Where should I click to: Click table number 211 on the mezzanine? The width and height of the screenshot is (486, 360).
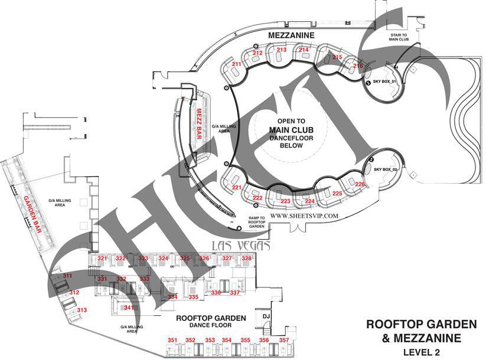click(x=236, y=64)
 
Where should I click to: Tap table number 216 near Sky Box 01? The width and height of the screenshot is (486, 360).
click(x=358, y=66)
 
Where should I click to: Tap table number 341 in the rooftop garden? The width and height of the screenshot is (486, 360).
click(x=129, y=307)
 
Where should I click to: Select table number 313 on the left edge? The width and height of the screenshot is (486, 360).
click(x=82, y=310)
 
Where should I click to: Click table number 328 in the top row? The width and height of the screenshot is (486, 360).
click(x=247, y=258)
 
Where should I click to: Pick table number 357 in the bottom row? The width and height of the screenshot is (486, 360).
click(x=284, y=341)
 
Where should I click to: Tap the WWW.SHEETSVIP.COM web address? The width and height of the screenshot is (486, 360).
click(x=304, y=216)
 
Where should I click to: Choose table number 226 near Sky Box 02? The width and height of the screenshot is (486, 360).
click(x=360, y=185)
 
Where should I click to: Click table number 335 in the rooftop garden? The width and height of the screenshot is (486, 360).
click(x=193, y=297)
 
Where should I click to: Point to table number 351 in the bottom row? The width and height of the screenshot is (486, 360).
click(x=172, y=341)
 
